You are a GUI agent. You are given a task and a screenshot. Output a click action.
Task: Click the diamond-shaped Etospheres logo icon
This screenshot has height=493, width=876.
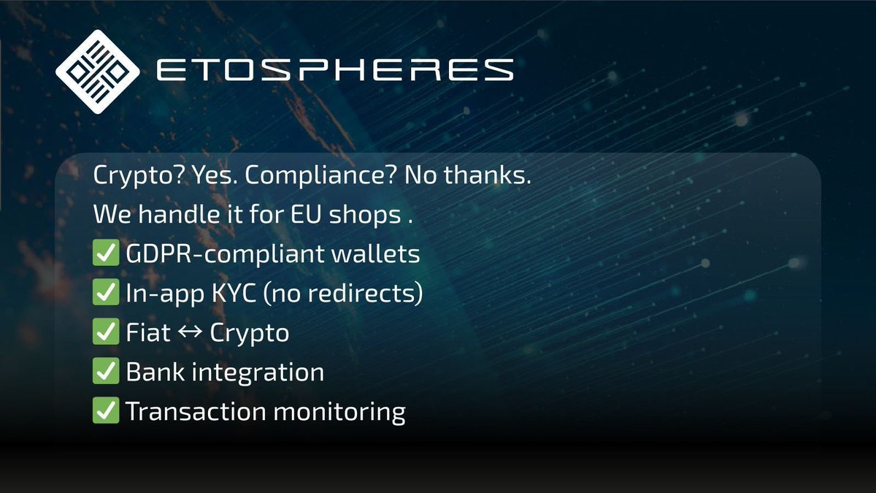click(x=97, y=70)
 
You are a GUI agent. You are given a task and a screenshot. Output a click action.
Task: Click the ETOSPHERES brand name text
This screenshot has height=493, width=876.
click(x=335, y=70)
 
